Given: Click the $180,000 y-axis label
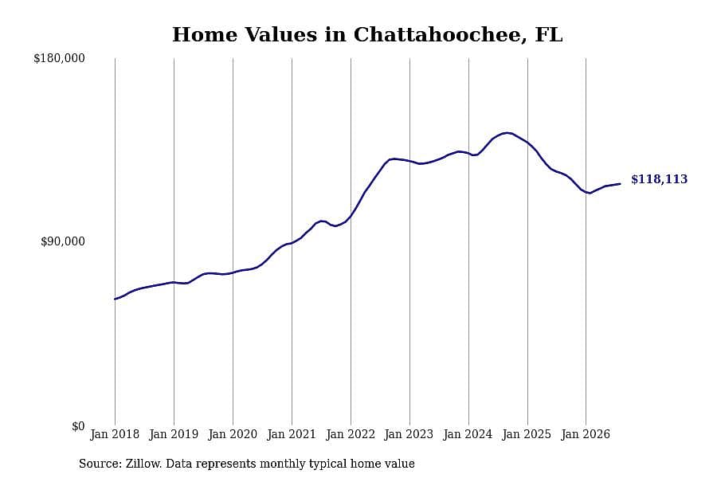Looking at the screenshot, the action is coord(59,58).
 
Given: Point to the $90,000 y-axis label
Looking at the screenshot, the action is coord(63,241).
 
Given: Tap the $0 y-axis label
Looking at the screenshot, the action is coord(78,426).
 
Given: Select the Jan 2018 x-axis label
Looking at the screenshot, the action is coord(115,434).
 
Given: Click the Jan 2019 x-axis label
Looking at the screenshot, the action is coord(174,434).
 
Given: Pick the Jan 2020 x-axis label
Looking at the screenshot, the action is coord(233,434).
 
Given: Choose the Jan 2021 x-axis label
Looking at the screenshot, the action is coord(292,434).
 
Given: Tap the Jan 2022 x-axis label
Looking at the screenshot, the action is coord(351,434).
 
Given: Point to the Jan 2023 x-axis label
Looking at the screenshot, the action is coord(409,434).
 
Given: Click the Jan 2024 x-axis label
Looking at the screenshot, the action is coord(468,434).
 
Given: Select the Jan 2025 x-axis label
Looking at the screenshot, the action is coord(527,434).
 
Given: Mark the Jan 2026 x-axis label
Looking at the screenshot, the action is coord(586,434).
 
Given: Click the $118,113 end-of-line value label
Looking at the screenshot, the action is coord(660,179).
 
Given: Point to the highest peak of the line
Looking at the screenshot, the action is coord(507,133).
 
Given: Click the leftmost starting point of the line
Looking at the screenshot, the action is coord(115,300).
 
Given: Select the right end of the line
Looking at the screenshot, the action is coord(620,184).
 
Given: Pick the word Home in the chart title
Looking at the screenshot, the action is coord(205,35).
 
